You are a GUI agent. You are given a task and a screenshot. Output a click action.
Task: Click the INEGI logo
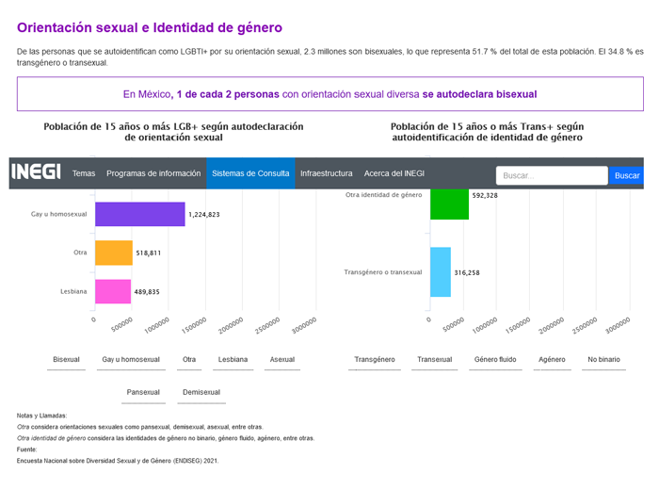click(36, 173)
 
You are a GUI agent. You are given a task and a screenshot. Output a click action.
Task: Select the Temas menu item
click(84, 173)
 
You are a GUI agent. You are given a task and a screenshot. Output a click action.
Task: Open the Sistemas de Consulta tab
click(250, 173)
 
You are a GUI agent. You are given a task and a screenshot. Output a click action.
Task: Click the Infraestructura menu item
click(326, 173)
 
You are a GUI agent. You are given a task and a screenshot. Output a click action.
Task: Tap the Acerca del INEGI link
click(394, 173)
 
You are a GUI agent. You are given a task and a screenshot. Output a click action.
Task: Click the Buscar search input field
click(551, 175)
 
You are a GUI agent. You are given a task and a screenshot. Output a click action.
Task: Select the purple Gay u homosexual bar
click(140, 214)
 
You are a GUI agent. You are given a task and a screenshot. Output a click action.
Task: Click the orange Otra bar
click(113, 253)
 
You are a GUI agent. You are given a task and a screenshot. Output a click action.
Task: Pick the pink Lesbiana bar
click(113, 292)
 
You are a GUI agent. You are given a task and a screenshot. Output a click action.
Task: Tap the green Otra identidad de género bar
click(449, 204)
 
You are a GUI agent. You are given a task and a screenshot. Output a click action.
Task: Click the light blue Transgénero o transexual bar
click(441, 272)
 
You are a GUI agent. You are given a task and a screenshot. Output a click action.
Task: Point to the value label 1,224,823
click(204, 215)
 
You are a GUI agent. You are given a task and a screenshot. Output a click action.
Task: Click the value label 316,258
click(467, 273)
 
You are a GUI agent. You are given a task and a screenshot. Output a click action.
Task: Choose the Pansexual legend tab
click(143, 392)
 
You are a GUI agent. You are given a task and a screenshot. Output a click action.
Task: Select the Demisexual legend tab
click(201, 392)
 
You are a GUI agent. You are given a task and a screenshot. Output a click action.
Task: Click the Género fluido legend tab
click(495, 359)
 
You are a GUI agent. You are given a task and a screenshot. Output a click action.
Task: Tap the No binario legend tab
click(603, 359)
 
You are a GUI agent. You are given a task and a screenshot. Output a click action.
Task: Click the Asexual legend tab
click(282, 359)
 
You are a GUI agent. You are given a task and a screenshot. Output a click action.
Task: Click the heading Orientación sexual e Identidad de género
click(150, 28)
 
